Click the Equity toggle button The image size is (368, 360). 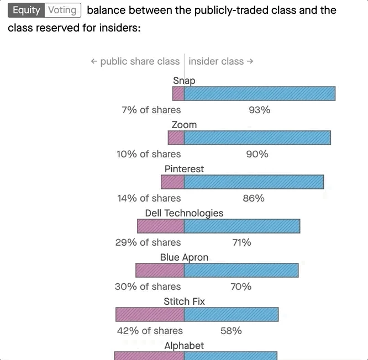[27, 10]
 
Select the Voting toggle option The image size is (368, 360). [62, 10]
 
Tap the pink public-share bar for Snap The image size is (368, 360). [178, 94]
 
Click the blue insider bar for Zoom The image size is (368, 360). [257, 138]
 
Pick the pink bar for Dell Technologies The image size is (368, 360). [160, 226]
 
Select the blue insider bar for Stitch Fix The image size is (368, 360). [231, 315]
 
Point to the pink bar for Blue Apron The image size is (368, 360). [160, 271]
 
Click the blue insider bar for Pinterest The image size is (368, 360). [254, 182]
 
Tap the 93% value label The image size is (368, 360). [259, 110]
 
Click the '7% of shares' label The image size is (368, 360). [151, 110]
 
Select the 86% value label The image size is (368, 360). [254, 198]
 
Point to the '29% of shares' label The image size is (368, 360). [149, 242]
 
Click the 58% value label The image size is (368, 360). [231, 331]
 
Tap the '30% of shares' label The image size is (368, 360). [148, 287]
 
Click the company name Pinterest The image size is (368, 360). [184, 169]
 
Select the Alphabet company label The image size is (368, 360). [184, 346]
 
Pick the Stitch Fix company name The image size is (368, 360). [184, 301]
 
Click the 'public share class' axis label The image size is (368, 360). [135, 61]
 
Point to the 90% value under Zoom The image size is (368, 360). [257, 154]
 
